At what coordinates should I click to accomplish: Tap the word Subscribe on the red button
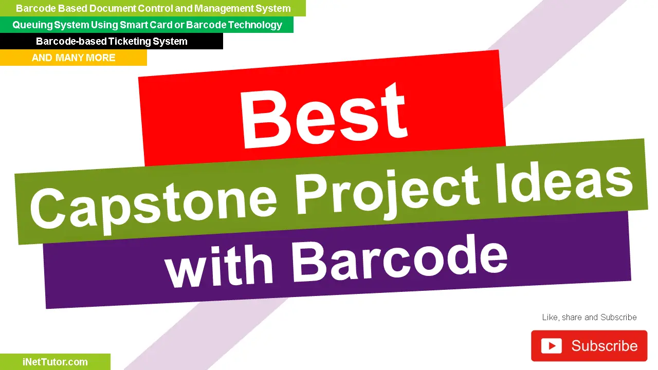pyautogui.click(x=604, y=346)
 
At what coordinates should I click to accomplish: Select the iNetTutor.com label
pyautogui.click(x=55, y=362)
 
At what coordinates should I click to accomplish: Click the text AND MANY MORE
pyautogui.click(x=74, y=58)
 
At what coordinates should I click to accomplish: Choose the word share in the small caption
pyautogui.click(x=572, y=317)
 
